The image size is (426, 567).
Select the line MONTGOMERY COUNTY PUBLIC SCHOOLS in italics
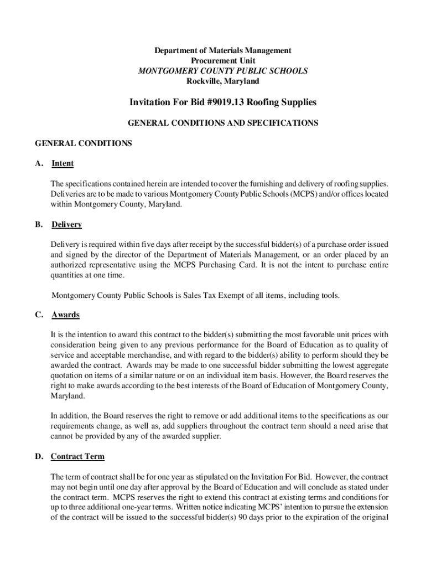pos(222,71)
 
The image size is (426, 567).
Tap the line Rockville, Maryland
pos(222,81)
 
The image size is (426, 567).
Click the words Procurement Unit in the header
pos(222,61)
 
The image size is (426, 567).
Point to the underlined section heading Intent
pos(63,163)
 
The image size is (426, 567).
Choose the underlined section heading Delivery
pos(66,224)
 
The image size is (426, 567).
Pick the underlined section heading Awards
pos(65,315)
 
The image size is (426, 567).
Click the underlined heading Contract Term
pos(77,457)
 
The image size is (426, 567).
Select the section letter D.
pos(39,457)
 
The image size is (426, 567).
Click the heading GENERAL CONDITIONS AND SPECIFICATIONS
pos(223,123)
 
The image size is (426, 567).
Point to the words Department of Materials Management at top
pos(222,51)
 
